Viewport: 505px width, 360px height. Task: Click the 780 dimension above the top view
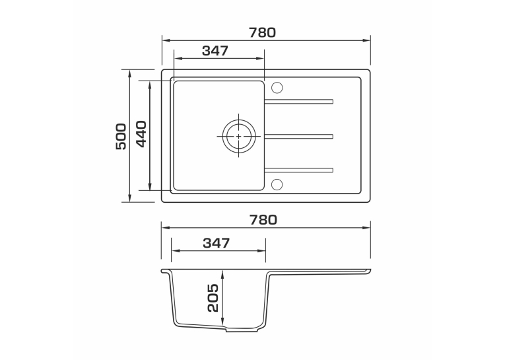tap(262, 32)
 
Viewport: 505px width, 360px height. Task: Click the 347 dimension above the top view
tap(215, 51)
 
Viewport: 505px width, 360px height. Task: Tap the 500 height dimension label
tap(121, 136)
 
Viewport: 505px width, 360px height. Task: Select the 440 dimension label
tap(141, 133)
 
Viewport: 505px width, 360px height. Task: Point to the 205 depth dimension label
tap(213, 298)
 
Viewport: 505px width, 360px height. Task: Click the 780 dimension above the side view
tap(263, 220)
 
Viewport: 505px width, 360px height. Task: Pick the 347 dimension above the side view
tap(217, 243)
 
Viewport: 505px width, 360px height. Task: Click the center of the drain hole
tap(239, 136)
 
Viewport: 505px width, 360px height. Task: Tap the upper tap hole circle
tap(277, 88)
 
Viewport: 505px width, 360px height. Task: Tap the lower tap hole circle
tap(277, 184)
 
